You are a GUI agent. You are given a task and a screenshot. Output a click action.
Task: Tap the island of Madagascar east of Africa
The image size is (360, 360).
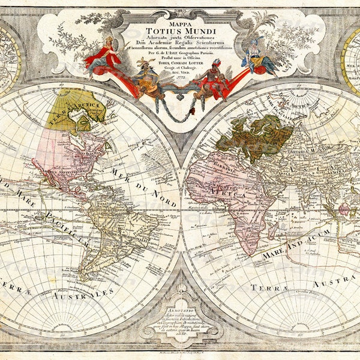pyautogui.click(x=268, y=226)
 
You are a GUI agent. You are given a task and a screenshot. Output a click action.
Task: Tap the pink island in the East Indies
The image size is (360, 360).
pyautogui.click(x=344, y=209)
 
